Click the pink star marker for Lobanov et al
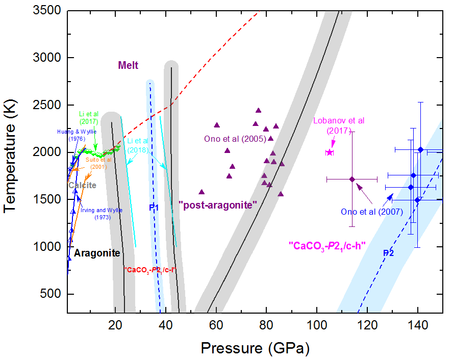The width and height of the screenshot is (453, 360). tap(330, 152)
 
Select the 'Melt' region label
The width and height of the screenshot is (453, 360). tap(128, 65)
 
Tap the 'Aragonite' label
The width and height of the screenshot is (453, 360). tap(97, 253)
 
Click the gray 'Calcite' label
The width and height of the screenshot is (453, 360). tap(82, 185)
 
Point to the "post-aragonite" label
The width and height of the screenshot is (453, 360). tap(217, 204)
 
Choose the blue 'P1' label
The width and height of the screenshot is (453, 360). tap(154, 208)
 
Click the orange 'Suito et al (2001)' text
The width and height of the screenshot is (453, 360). tap(98, 163)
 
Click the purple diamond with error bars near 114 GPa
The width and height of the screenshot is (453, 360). tap(352, 179)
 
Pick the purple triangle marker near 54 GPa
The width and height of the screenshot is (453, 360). tap(202, 192)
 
